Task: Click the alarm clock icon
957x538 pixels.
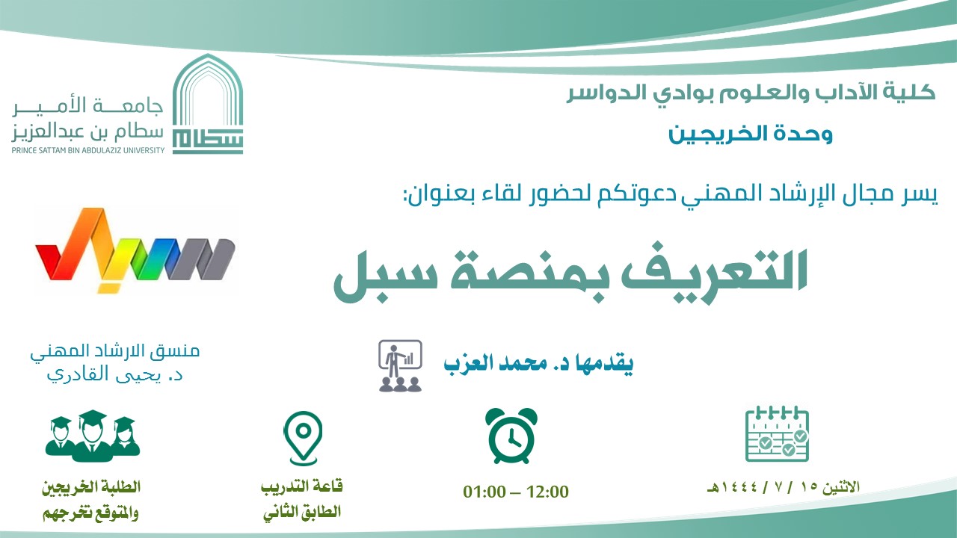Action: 511,436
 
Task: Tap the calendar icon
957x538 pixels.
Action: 777,434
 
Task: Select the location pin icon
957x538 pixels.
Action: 303,438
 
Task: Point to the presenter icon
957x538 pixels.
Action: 400,366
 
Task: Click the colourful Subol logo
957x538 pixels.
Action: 135,250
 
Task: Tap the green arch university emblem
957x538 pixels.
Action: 208,104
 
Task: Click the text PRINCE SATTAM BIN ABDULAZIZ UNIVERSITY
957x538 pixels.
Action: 88,150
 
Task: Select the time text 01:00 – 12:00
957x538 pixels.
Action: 516,492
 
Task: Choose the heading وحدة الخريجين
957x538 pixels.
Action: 751,134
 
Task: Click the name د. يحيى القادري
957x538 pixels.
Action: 114,374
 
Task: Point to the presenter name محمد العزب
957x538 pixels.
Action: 496,363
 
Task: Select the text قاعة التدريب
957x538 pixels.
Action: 301,487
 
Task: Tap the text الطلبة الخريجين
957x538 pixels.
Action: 91,487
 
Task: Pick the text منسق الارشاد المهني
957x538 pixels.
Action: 115,351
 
